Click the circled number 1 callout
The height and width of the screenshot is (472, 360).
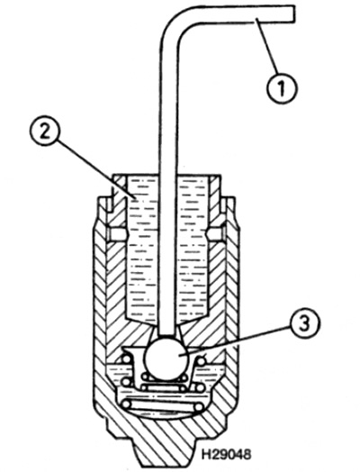pyautogui.click(x=282, y=88)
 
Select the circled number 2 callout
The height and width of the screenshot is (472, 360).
pyautogui.click(x=45, y=132)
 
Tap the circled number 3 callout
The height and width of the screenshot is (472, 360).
pyautogui.click(x=304, y=324)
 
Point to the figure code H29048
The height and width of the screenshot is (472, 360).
pyautogui.click(x=226, y=454)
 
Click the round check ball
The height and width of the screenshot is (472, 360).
pyautogui.click(x=166, y=359)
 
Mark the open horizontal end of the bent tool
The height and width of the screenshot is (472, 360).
pyautogui.click(x=292, y=14)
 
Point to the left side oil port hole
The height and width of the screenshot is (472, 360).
pyautogui.click(x=116, y=234)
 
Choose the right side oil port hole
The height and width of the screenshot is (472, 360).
pyautogui.click(x=216, y=234)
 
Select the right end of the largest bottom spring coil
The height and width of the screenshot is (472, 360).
pyautogui.click(x=199, y=407)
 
